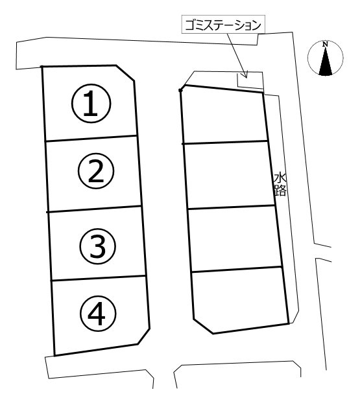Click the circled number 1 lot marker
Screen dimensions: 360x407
pyautogui.click(x=91, y=103)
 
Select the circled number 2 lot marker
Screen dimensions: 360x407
pyautogui.click(x=96, y=171)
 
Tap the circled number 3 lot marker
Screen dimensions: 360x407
pyautogui.click(x=98, y=246)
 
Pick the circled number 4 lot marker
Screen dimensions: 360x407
pyautogui.click(x=98, y=314)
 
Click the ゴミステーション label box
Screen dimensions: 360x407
pyautogui.click(x=223, y=25)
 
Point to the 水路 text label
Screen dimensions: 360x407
pyautogui.click(x=280, y=185)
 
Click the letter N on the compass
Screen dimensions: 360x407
pyautogui.click(x=325, y=44)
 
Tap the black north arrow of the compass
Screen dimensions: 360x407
pyautogui.click(x=326, y=62)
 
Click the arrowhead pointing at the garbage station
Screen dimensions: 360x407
pyautogui.click(x=245, y=75)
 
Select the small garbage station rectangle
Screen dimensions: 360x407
pyautogui.click(x=250, y=81)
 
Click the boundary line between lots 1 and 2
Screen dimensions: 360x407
pyautogui.click(x=91, y=138)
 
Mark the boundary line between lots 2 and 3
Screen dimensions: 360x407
pyautogui.click(x=94, y=209)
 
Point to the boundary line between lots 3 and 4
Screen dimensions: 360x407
pyautogui.click(x=98, y=278)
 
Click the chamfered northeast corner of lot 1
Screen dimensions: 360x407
pyautogui.click(x=125, y=73)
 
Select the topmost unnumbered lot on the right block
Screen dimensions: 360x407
pyautogui.click(x=224, y=115)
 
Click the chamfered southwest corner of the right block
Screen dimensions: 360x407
pyautogui.click(x=204, y=327)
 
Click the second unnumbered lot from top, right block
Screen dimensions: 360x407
pyautogui.click(x=229, y=175)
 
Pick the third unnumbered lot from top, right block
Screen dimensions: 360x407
pyautogui.click(x=235, y=239)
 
